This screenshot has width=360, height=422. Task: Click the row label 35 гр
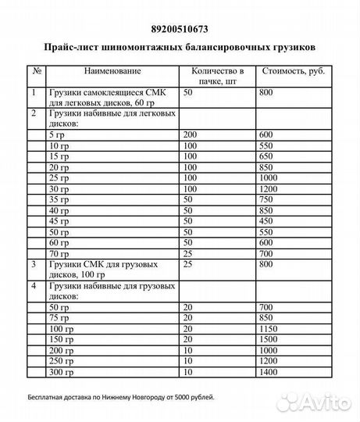click(59, 199)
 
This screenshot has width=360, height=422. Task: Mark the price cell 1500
click(270, 341)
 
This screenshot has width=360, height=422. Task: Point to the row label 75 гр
click(59, 319)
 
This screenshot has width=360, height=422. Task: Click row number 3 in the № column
click(34, 265)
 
